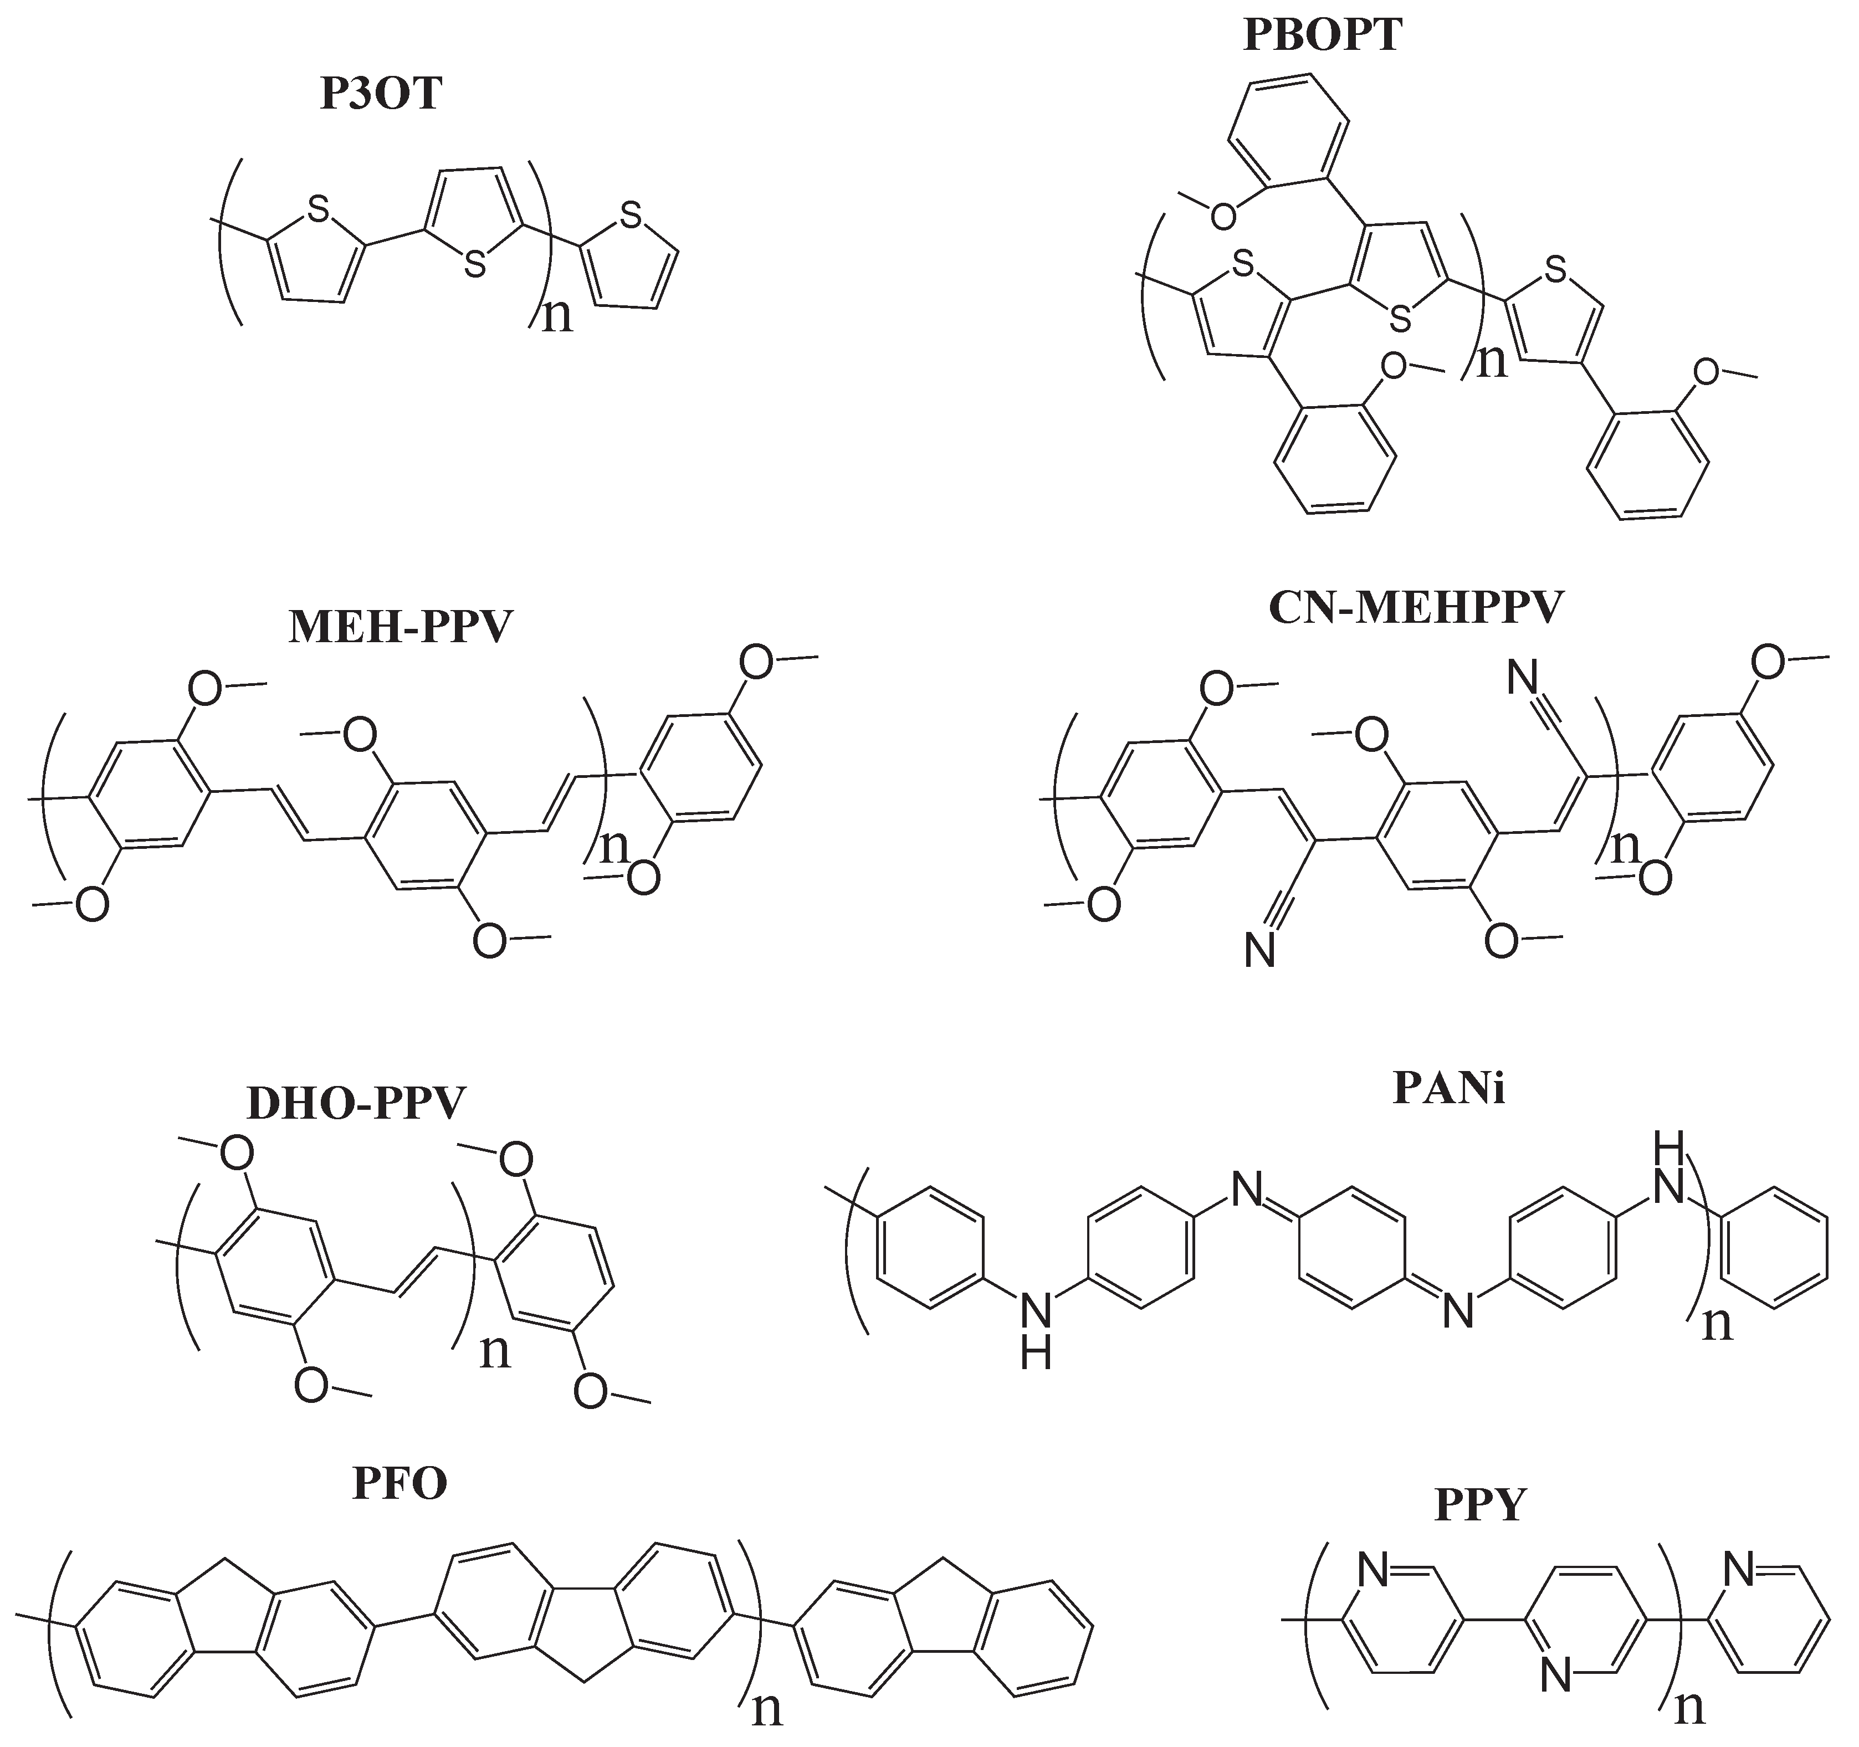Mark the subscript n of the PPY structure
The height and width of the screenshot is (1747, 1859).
(x=1689, y=1709)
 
